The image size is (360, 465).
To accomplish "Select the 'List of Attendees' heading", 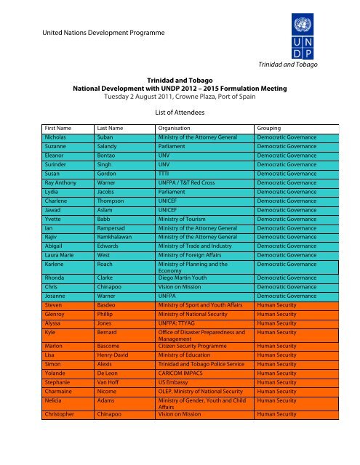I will tap(180, 113).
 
